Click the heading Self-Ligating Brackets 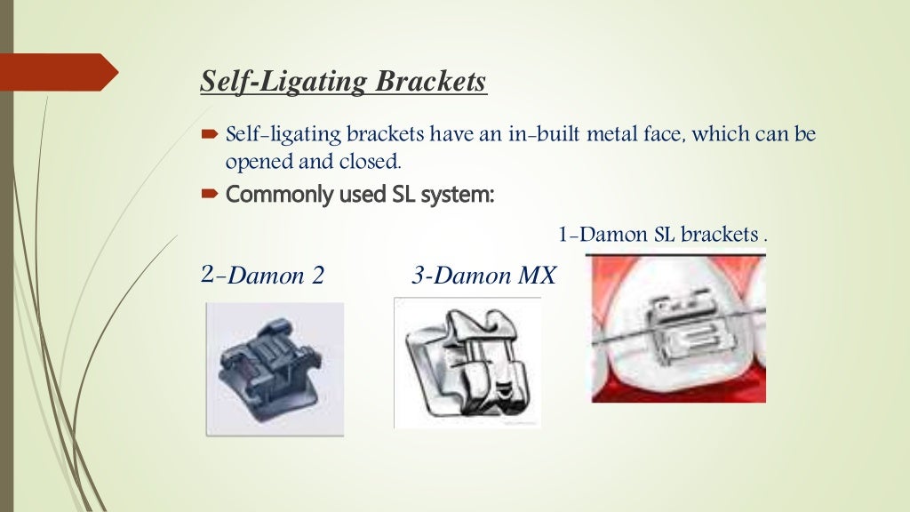point(343,82)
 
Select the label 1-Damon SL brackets point(661,236)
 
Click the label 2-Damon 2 point(262,276)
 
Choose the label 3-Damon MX point(483,276)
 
